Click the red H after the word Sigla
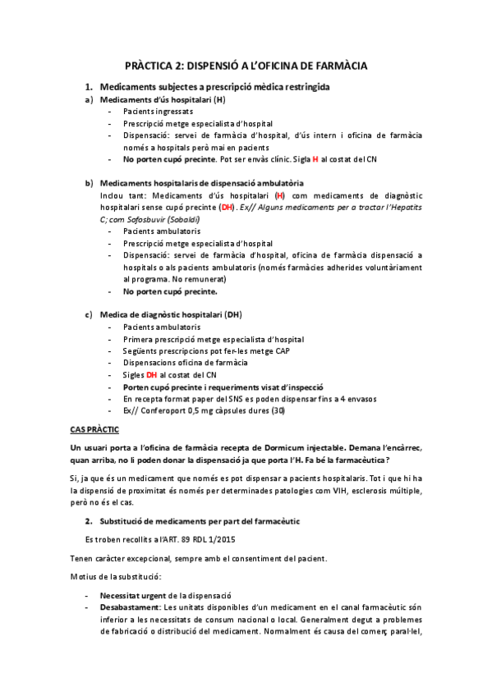tap(315, 158)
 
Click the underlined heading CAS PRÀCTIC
tap(94, 429)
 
